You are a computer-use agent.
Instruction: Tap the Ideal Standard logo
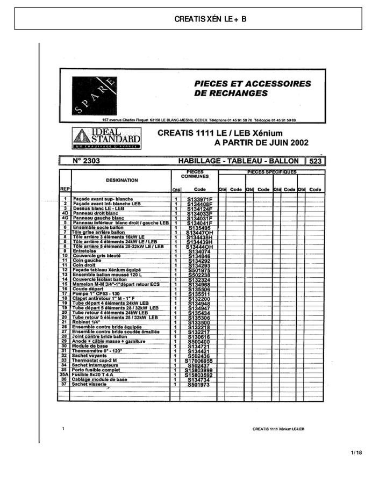coord(107,138)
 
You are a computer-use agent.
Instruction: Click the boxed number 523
coord(315,161)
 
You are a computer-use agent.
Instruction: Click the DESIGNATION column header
coord(121,181)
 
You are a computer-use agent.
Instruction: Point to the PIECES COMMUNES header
coord(195,174)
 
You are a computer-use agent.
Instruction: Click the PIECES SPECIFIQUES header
coord(271,172)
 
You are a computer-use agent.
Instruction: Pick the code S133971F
coord(200,199)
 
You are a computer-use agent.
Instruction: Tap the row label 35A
coord(64,374)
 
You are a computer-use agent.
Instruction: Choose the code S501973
coord(199,385)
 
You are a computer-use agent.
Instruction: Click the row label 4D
coord(64,213)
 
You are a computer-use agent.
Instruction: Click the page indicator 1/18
coord(356,452)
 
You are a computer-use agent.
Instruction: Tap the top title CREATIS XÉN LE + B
coord(211,19)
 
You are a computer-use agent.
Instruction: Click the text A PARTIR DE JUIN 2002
coord(261,143)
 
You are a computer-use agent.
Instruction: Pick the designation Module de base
coord(91,346)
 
